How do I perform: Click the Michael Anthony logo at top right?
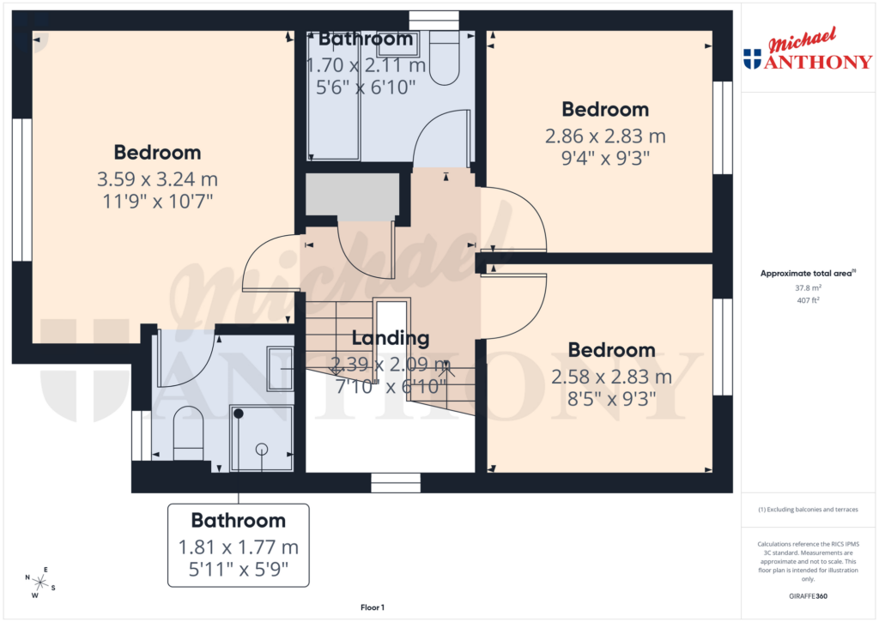[x=807, y=51]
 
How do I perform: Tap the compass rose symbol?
[x=39, y=583]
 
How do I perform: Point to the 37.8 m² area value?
[x=807, y=288]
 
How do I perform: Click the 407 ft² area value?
[x=807, y=301]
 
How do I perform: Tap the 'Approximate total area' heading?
[x=807, y=273]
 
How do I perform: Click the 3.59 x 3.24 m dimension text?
[x=157, y=180]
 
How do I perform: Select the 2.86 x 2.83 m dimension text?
[x=605, y=136]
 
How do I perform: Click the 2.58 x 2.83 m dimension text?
[x=611, y=377]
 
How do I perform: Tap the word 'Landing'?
[x=390, y=338]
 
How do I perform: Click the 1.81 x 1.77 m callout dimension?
[x=238, y=547]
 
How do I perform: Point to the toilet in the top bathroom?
[x=445, y=58]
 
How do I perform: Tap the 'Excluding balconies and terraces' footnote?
[x=807, y=510]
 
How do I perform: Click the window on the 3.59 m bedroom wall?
[x=21, y=189]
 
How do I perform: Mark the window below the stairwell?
[x=396, y=483]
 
